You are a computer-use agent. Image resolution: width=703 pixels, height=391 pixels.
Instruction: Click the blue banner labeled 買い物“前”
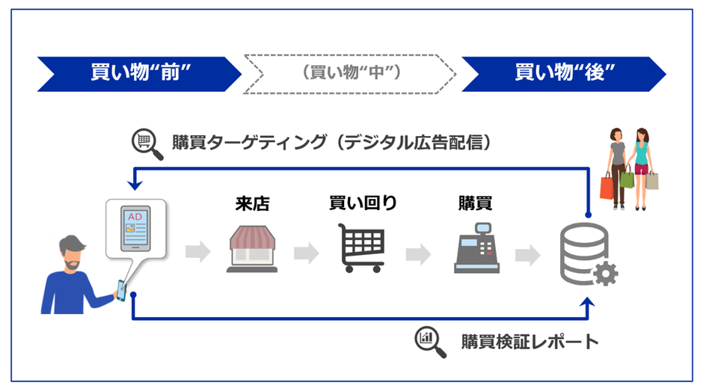pos(139,73)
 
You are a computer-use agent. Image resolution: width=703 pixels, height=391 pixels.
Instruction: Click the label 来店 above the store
pos(251,203)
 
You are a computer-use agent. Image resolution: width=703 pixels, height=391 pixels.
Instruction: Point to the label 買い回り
pos(363,203)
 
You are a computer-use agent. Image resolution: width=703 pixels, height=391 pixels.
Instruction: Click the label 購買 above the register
pos(476,203)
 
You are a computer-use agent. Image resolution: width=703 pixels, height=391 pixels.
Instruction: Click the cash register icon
pos(476,249)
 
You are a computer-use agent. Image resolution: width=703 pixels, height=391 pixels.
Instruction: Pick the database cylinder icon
pos(583,253)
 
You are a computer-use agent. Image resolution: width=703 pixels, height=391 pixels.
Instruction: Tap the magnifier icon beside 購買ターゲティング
pos(147,143)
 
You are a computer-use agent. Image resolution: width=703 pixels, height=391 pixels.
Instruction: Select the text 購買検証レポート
pos(529,342)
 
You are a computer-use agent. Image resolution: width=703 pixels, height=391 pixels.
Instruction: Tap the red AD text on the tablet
pos(135,217)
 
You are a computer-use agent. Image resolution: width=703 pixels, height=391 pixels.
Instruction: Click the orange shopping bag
pos(607,186)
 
